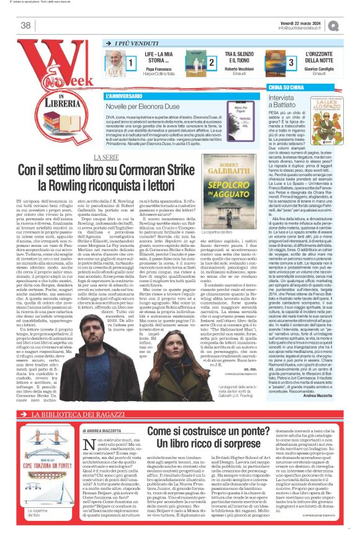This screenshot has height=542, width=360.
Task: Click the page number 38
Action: [x=26, y=25]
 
